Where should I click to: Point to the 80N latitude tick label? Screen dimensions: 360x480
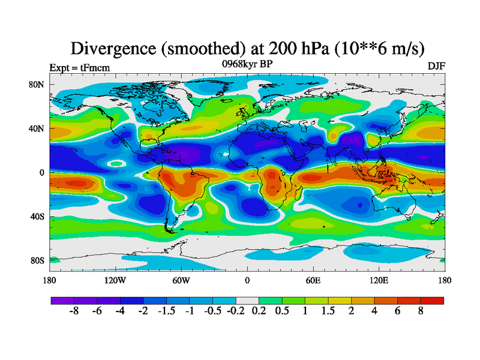point(37,85)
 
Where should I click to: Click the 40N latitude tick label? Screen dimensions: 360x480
point(37,128)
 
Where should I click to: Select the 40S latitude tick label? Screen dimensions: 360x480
point(37,217)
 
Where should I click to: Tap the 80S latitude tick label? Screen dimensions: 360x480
point(37,260)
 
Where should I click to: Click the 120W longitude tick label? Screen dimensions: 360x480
point(115,280)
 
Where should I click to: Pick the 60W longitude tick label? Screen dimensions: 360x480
point(181,280)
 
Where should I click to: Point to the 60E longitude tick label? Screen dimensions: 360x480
point(313,280)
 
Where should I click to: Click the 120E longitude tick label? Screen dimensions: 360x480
point(379,280)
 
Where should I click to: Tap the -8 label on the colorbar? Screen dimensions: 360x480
point(74,313)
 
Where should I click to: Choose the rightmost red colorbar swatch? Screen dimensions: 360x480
point(432,301)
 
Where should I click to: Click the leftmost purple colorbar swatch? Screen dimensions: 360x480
point(62,301)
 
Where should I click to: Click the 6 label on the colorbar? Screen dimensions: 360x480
point(397,313)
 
